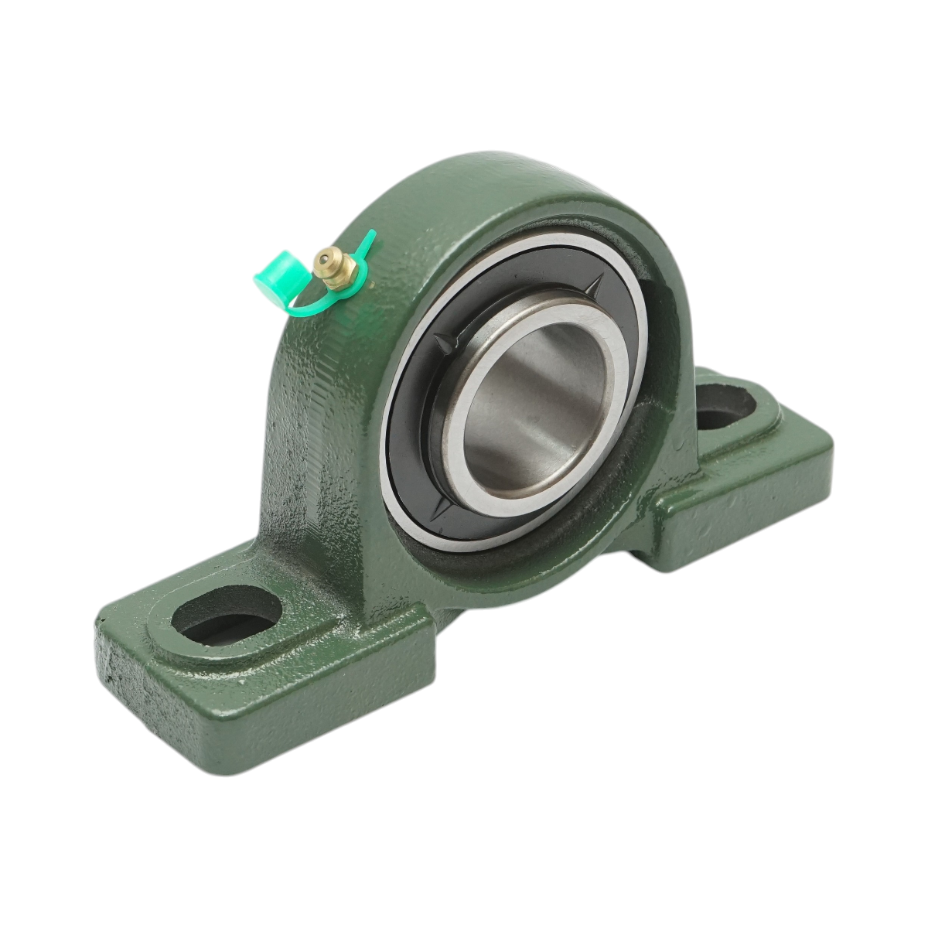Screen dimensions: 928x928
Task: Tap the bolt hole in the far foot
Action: tap(725, 407)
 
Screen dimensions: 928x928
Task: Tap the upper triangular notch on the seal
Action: tap(596, 286)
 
